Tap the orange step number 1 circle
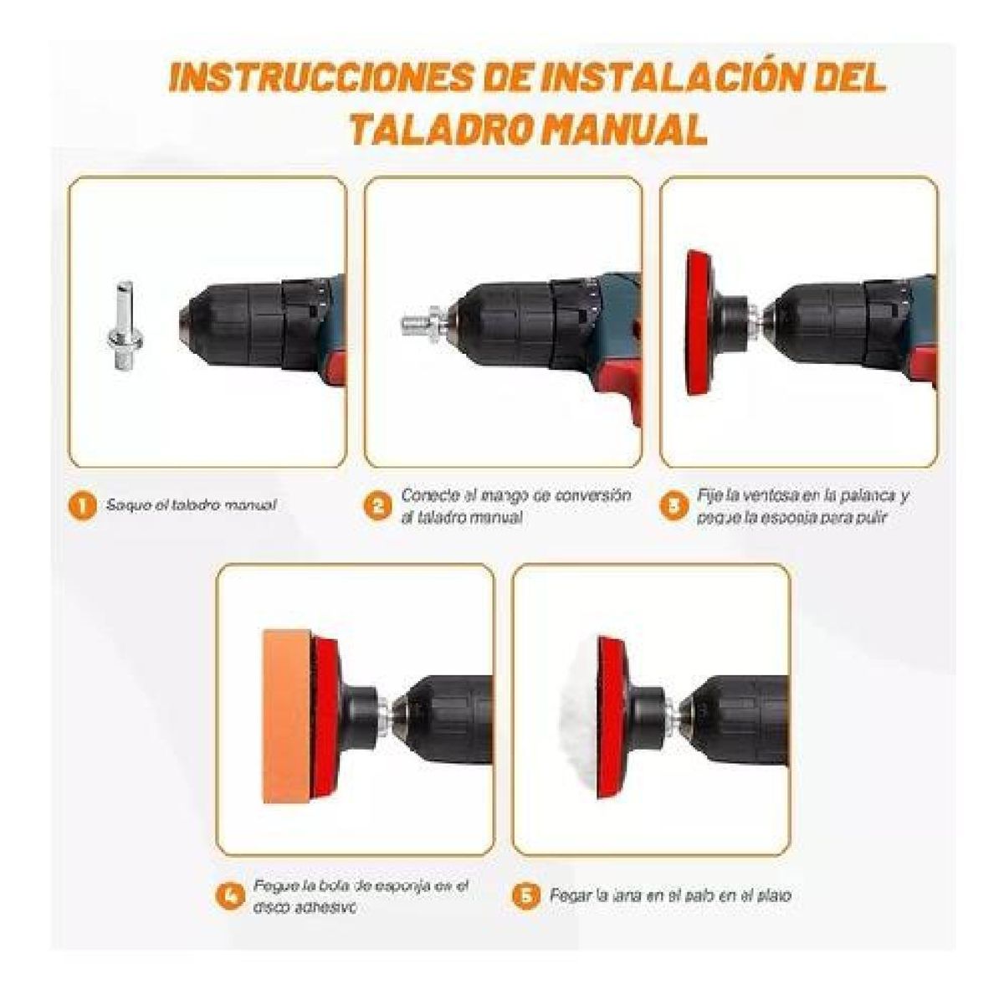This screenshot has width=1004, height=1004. click(x=81, y=506)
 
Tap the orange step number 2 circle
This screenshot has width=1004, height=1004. click(x=378, y=506)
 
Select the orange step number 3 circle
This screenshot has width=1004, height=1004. click(x=674, y=506)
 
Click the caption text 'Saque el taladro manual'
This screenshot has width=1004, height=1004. click(x=191, y=506)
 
